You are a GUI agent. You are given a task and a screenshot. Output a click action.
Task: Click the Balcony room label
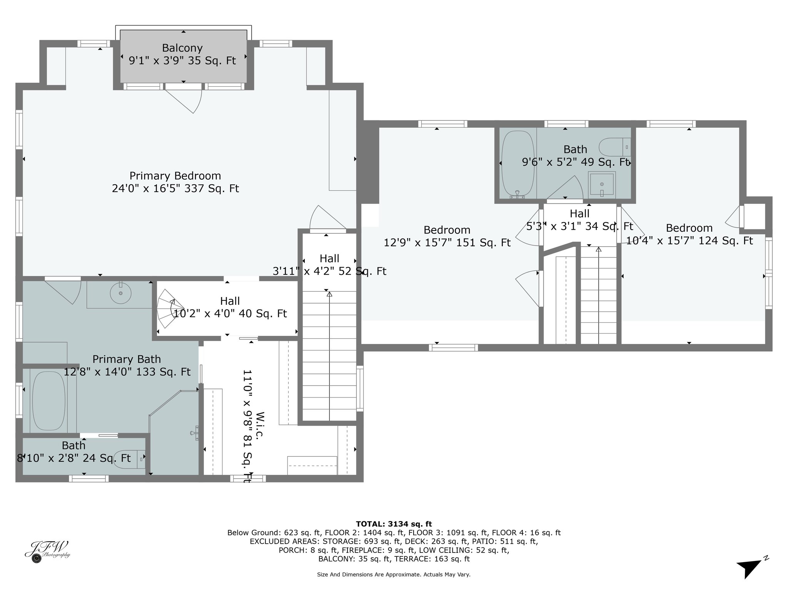point(182,48)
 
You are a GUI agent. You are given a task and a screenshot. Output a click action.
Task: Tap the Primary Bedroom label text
point(175,176)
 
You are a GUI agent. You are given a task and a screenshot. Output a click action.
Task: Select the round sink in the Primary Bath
point(120,294)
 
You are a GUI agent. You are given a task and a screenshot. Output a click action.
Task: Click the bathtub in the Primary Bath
point(48,401)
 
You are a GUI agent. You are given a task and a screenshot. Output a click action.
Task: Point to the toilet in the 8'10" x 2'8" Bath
point(130,459)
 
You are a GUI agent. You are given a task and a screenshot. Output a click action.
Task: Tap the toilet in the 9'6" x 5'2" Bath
point(614,147)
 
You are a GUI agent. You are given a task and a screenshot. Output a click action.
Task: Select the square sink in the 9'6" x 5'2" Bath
point(602,184)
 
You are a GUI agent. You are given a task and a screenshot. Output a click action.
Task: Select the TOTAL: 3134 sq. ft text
point(394,524)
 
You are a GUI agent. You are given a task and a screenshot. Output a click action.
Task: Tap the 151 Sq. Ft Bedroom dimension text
point(447,243)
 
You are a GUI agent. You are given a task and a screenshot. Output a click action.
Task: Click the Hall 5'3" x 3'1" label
point(579,220)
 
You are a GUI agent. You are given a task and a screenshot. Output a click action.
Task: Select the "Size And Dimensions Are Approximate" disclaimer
point(394,574)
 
